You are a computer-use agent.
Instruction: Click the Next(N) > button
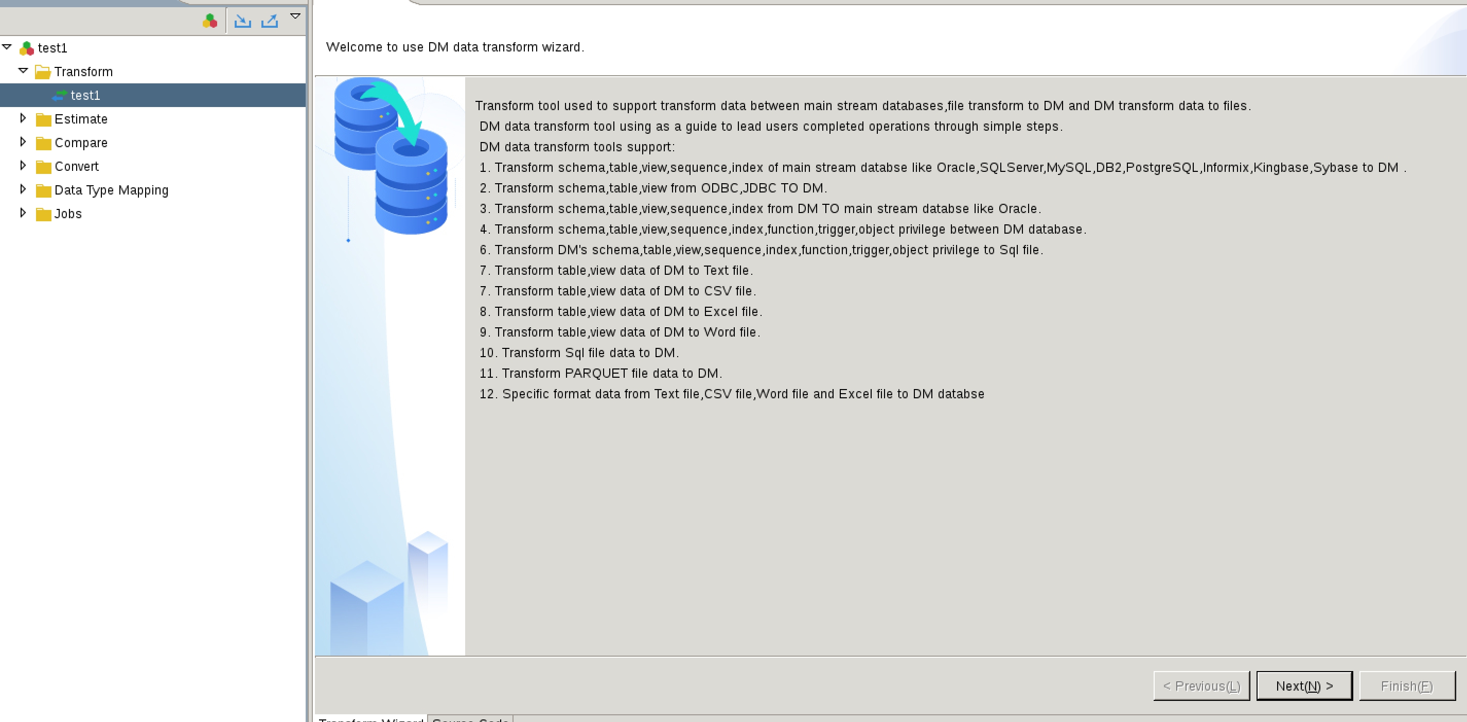[x=1304, y=686]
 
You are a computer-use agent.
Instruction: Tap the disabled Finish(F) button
[x=1407, y=686]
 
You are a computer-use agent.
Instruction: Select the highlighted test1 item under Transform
[x=85, y=95]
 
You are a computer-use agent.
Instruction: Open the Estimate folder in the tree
[x=81, y=119]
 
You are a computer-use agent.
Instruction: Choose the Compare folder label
[x=81, y=143]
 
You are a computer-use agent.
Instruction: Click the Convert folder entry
[x=76, y=166]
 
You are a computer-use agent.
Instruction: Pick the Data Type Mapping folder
[x=111, y=190]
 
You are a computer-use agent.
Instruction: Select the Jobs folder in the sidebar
[x=68, y=214]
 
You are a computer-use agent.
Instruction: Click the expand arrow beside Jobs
[x=23, y=213]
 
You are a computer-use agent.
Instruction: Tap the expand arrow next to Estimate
[x=23, y=118]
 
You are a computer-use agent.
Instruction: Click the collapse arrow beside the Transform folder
[x=23, y=71]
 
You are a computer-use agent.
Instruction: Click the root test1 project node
[x=52, y=48]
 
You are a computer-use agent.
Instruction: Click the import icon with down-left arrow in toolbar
[x=242, y=21]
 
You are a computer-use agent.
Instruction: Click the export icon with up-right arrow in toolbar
[x=269, y=21]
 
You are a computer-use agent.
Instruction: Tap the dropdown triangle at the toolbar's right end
[x=295, y=16]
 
